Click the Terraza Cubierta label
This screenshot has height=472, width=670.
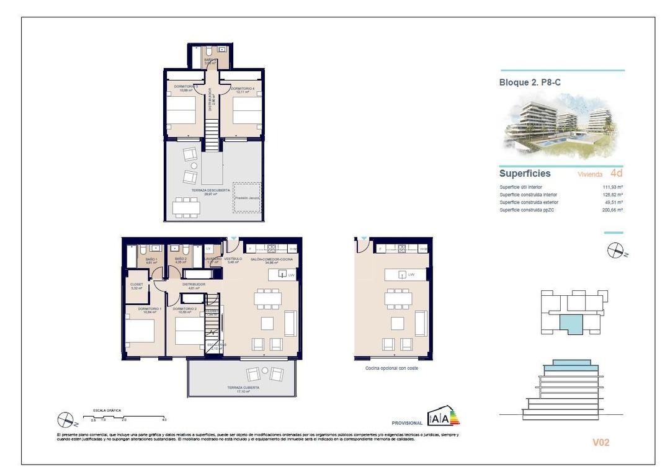[x=238, y=388]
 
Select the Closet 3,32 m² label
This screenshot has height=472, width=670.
[x=137, y=286]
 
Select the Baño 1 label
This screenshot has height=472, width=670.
[x=151, y=260]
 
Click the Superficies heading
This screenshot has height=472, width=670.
[x=525, y=174]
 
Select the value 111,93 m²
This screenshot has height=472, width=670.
[x=612, y=187]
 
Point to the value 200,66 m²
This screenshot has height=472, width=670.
[x=612, y=210]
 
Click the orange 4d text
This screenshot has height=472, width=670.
[x=617, y=174]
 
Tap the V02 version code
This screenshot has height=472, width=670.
[x=601, y=442]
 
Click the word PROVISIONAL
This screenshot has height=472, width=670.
[x=407, y=422]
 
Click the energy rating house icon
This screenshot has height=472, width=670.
[x=443, y=417]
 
